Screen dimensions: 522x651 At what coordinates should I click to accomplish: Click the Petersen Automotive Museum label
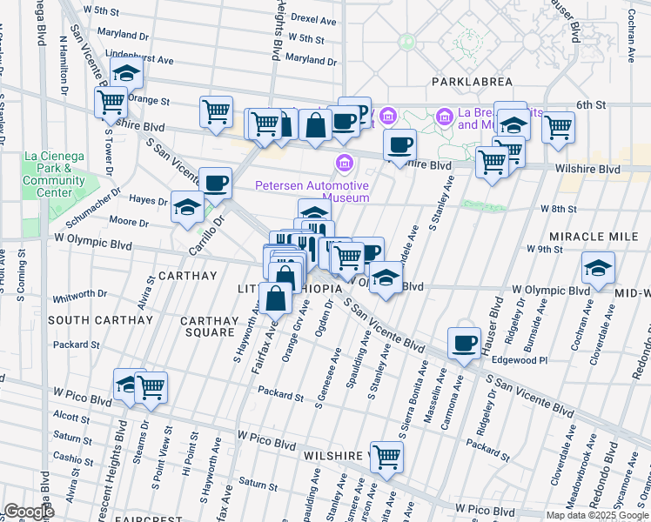click(312, 191)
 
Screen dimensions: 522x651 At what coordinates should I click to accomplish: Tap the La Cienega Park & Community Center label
click(54, 174)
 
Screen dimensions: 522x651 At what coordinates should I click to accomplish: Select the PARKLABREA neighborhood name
click(469, 81)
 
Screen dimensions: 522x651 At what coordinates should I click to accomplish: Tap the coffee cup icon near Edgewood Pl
click(464, 342)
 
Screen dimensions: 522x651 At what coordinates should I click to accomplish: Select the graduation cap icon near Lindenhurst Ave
click(127, 73)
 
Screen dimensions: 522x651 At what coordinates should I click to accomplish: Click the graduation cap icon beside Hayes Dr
click(187, 207)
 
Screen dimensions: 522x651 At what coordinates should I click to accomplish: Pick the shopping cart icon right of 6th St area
click(558, 127)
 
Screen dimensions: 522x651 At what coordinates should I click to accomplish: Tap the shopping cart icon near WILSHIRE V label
click(386, 455)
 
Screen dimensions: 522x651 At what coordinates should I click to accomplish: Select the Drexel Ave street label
click(313, 19)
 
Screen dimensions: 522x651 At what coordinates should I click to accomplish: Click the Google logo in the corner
click(30, 511)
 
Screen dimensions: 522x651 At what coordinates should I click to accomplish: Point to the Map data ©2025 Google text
click(596, 515)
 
